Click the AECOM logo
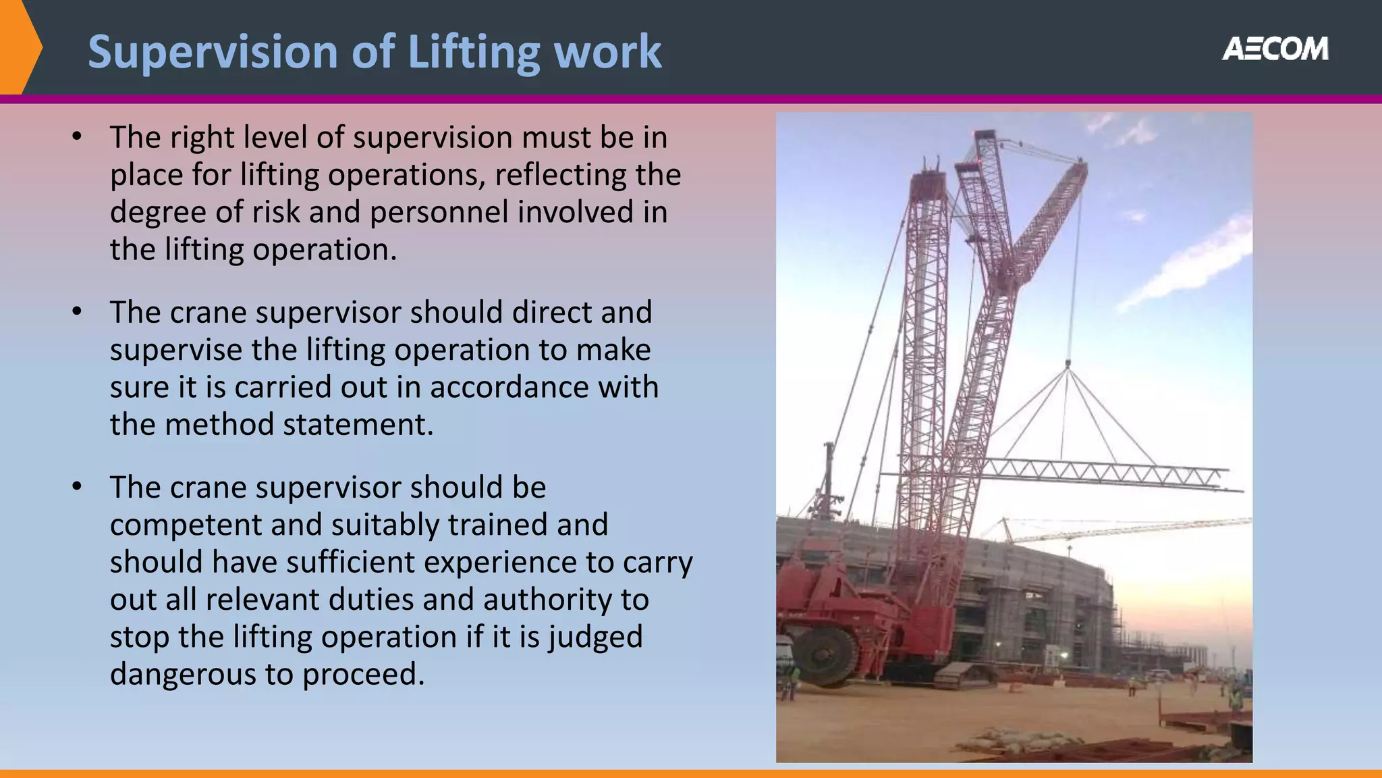click(1275, 49)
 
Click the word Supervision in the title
click(213, 52)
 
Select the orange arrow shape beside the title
click(20, 47)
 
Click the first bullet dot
click(77, 137)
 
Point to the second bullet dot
click(77, 312)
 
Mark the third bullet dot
click(77, 487)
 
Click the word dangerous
click(182, 674)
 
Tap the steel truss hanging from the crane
click(1100, 473)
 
